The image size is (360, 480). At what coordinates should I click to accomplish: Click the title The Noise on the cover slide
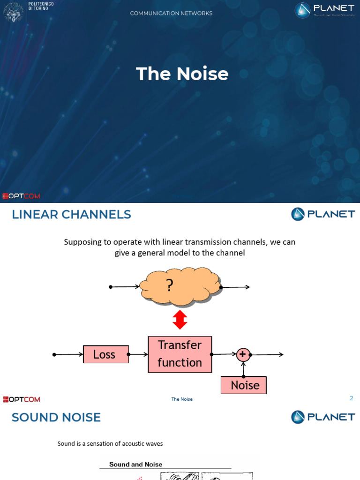pyautogui.click(x=182, y=74)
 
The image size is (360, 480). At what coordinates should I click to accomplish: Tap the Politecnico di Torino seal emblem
pyautogui.click(x=13, y=11)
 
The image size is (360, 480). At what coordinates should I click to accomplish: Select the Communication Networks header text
pyautogui.click(x=171, y=13)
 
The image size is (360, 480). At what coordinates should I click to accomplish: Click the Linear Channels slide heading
pyautogui.click(x=71, y=215)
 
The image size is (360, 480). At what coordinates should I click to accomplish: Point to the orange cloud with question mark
pyautogui.click(x=180, y=286)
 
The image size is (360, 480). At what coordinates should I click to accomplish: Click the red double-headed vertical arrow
pyautogui.click(x=180, y=320)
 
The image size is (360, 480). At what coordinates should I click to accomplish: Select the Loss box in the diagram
pyautogui.click(x=105, y=354)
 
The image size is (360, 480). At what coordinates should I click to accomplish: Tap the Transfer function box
pyautogui.click(x=180, y=354)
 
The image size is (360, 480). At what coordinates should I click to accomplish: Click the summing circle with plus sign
pyautogui.click(x=243, y=354)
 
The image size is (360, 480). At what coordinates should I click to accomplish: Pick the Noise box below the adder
pyautogui.click(x=243, y=385)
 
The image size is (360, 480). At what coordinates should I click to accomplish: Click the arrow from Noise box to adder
pyautogui.click(x=243, y=369)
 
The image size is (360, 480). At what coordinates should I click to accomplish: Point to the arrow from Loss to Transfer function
pyautogui.click(x=138, y=354)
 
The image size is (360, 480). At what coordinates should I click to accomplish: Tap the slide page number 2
pyautogui.click(x=351, y=398)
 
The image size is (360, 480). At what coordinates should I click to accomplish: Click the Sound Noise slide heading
pyautogui.click(x=56, y=417)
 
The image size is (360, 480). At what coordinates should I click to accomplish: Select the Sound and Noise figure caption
pyautogui.click(x=135, y=465)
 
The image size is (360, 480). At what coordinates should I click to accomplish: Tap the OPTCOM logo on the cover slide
pyautogui.click(x=22, y=196)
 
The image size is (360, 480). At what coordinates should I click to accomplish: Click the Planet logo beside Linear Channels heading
pyautogui.click(x=323, y=214)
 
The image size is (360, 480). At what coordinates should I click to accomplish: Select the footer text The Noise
pyautogui.click(x=182, y=399)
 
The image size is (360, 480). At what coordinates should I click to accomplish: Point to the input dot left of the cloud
pyautogui.click(x=110, y=287)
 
